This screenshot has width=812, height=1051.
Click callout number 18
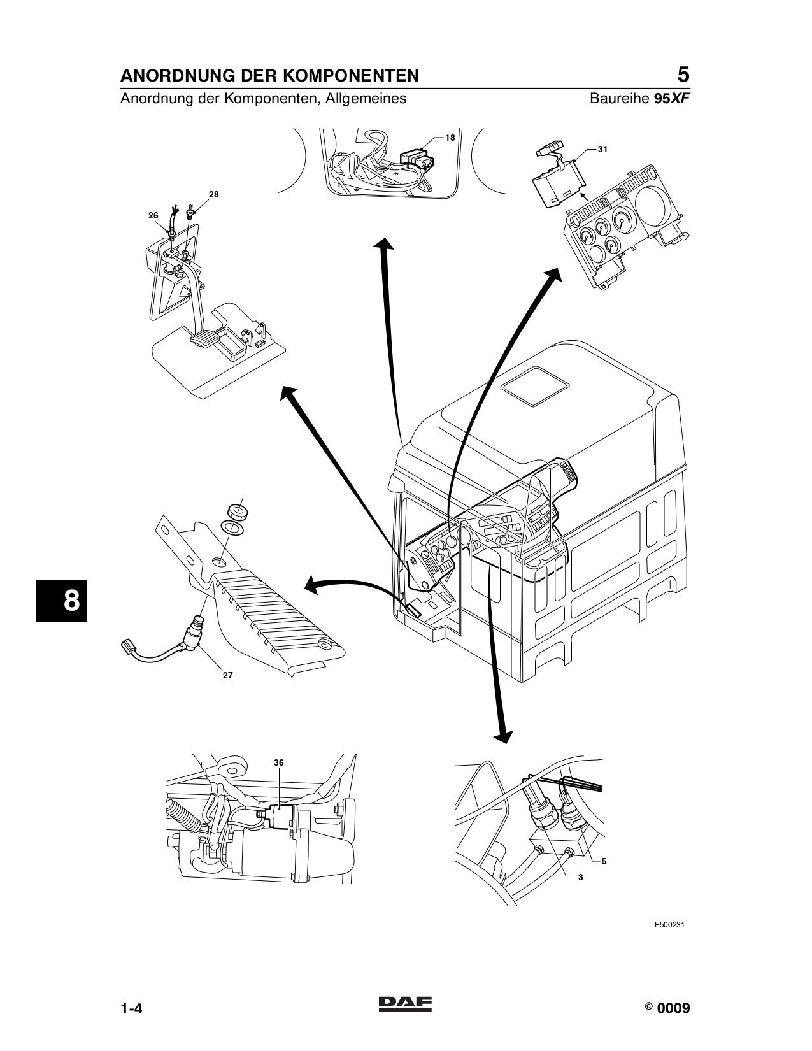click(450, 138)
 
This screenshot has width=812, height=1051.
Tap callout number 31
click(603, 149)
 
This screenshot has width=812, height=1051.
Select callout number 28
click(214, 194)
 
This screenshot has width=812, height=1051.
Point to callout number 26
click(153, 216)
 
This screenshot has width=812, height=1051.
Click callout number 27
click(227, 676)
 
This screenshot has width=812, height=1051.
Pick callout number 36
click(278, 762)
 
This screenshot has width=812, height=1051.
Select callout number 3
click(580, 877)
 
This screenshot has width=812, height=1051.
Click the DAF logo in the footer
click(405, 1004)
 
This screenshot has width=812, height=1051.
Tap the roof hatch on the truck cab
click(536, 384)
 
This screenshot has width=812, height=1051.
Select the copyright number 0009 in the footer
click(673, 1008)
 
